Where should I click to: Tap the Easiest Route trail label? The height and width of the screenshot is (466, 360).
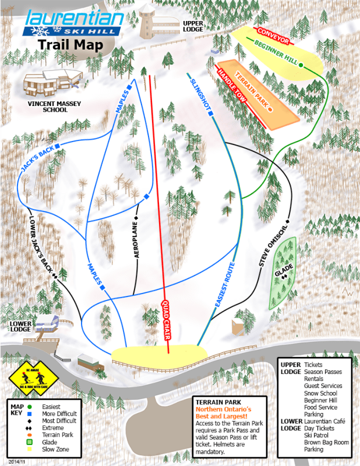[x=224, y=285]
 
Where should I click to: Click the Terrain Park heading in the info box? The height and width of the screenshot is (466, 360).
[x=218, y=402]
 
